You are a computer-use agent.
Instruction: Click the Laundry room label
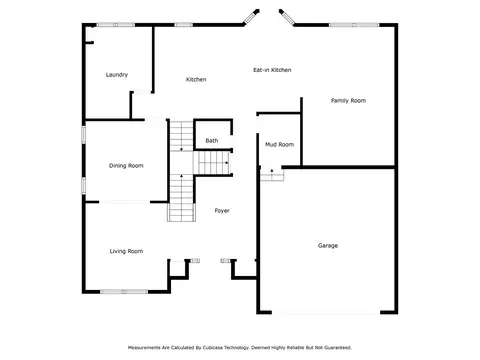click(x=117, y=75)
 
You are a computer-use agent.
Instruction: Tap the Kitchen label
click(x=196, y=79)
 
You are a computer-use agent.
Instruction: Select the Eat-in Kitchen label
click(x=272, y=70)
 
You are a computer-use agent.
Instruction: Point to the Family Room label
click(x=348, y=101)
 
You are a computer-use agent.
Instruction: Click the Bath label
click(x=212, y=141)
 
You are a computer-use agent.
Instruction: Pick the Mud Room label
click(x=279, y=144)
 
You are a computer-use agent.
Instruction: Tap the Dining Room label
click(x=126, y=166)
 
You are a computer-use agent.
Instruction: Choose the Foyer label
click(x=222, y=211)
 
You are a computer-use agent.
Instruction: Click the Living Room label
click(x=126, y=251)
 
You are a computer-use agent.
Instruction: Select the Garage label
click(x=328, y=246)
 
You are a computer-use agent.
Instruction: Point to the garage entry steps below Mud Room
click(x=272, y=175)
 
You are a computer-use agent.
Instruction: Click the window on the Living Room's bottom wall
click(x=124, y=292)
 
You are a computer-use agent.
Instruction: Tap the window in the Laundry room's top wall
click(x=116, y=25)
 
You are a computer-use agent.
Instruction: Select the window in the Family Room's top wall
click(x=354, y=25)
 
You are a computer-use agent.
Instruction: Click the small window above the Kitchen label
click(x=184, y=25)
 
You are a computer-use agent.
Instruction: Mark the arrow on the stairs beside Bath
click(x=227, y=163)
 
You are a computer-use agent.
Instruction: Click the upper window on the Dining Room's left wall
click(x=84, y=135)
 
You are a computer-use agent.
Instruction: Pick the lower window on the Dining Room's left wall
click(x=84, y=185)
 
